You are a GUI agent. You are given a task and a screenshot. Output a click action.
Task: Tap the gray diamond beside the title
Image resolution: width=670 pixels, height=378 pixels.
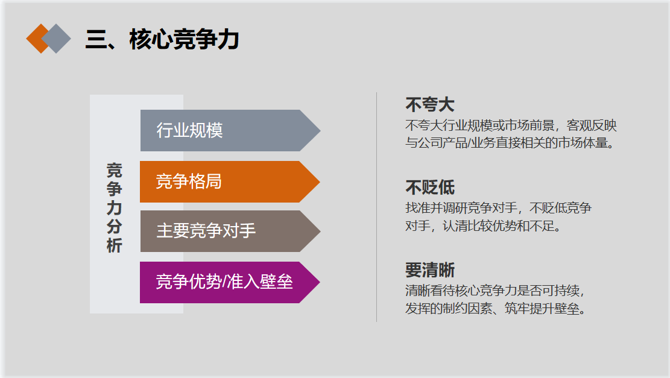[x=56, y=39]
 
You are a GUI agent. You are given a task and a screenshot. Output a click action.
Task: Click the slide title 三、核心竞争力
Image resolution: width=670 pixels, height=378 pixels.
[x=162, y=39]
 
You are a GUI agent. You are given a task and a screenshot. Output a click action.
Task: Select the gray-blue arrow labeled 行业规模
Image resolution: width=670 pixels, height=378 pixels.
[x=230, y=130]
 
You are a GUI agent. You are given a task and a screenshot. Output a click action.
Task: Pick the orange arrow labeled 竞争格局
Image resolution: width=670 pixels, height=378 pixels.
[x=230, y=181]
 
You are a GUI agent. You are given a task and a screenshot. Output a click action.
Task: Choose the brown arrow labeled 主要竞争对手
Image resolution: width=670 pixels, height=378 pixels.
[x=230, y=231]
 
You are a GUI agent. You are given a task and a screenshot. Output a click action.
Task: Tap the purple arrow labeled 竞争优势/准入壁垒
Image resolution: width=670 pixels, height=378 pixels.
[x=230, y=282]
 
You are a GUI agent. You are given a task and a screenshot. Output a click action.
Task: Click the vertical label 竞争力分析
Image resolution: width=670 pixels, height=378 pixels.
[x=114, y=207]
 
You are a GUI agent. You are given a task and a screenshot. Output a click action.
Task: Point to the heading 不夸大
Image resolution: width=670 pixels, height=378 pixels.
[x=430, y=105]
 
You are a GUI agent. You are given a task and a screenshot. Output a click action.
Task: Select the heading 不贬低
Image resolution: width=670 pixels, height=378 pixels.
[x=430, y=187]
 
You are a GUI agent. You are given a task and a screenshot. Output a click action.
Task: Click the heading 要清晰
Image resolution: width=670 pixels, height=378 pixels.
[x=430, y=270]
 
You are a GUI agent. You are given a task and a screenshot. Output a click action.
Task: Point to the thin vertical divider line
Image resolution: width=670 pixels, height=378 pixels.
[x=376, y=207]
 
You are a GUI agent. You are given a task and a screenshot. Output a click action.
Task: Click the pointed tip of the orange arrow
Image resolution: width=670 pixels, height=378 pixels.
[x=320, y=181]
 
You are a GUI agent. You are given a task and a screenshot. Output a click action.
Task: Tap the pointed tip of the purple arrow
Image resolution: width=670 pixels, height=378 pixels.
[x=320, y=282]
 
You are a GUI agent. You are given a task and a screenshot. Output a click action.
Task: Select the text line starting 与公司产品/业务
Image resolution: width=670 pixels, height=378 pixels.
[x=510, y=143]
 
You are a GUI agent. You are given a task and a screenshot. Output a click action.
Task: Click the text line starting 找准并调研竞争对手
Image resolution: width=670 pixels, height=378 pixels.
[x=498, y=208]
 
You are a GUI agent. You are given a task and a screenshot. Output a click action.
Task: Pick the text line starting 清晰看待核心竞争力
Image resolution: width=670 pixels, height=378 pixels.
[x=495, y=291]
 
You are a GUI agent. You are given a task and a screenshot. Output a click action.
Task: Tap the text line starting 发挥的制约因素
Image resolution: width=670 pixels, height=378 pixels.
[x=496, y=309]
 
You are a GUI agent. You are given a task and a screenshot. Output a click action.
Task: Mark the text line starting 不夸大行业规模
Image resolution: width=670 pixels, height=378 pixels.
[x=511, y=125]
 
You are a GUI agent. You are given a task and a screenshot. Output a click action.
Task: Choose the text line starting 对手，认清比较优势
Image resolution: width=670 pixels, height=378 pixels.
[x=483, y=225]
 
